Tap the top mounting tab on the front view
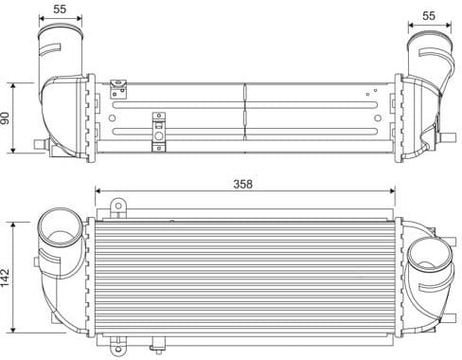[118, 207]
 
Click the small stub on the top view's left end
[38, 144]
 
